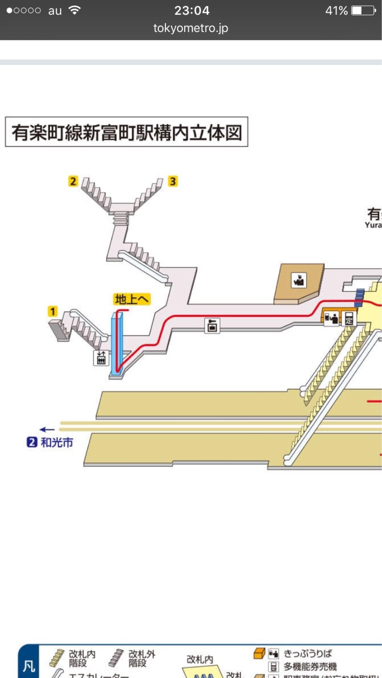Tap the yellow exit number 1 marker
[x=52, y=311]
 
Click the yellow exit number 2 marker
[x=73, y=181]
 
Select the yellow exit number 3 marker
[x=173, y=181]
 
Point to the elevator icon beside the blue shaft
[x=101, y=358]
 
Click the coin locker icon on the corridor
[x=212, y=325]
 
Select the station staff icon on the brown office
[x=299, y=280]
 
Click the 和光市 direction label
[x=57, y=442]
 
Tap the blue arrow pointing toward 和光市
[x=47, y=429]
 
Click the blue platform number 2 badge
[x=32, y=442]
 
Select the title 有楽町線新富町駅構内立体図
[x=127, y=132]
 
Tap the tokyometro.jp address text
[x=191, y=28]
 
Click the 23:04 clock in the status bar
[x=192, y=10]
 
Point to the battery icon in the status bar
[x=363, y=11]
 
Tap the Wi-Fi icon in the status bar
[x=74, y=10]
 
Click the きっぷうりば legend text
[x=307, y=653]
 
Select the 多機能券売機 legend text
[x=310, y=666]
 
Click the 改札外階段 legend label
[x=141, y=659]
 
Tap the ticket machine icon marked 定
[x=349, y=318]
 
